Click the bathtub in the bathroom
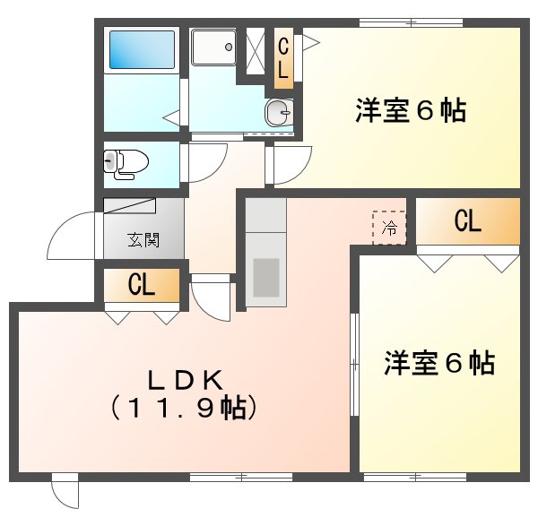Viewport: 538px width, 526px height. click(143, 50)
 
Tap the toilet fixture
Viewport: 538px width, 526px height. click(124, 162)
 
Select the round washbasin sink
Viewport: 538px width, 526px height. click(279, 112)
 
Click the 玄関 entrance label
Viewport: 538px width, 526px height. click(143, 239)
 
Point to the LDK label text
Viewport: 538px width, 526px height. click(184, 380)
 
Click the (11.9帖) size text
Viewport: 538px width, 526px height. click(184, 409)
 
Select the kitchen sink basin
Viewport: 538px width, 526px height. click(266, 277)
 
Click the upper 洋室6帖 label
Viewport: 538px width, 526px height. click(410, 111)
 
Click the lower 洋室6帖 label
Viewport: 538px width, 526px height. click(440, 363)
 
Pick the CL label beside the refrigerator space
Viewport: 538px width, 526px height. click(467, 222)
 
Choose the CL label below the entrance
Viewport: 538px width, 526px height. click(142, 287)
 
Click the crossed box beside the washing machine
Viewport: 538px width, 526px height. click(254, 47)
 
